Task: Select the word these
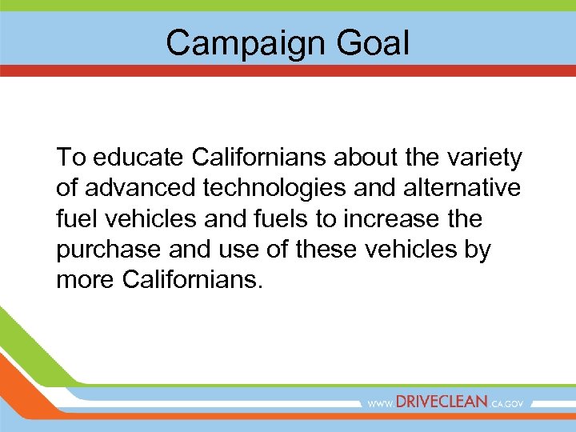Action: click(x=330, y=250)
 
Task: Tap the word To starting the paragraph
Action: click(x=69, y=158)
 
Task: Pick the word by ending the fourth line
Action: click(x=478, y=250)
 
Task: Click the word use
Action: click(x=232, y=250)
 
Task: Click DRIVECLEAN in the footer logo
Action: click(x=442, y=402)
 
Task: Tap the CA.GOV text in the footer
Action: click(x=507, y=404)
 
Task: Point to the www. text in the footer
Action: click(x=381, y=404)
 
